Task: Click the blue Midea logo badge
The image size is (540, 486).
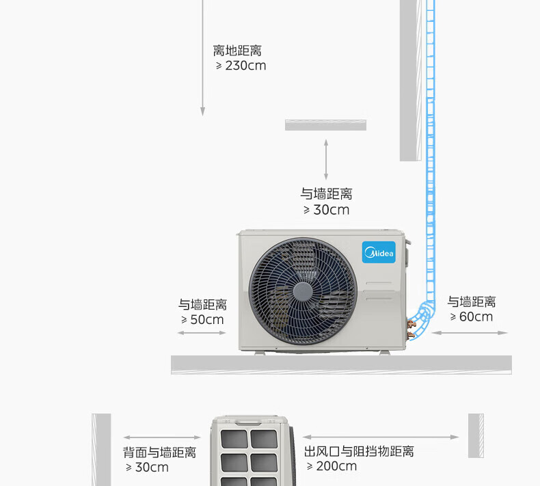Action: click(379, 252)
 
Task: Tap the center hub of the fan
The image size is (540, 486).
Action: click(303, 292)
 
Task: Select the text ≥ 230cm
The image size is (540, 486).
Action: click(241, 66)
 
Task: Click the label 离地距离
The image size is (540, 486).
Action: click(237, 51)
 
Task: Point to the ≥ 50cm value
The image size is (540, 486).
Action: click(202, 320)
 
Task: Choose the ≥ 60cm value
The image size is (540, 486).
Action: click(471, 316)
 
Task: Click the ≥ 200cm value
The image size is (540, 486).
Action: click(332, 466)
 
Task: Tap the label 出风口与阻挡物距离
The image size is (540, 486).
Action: click(359, 451)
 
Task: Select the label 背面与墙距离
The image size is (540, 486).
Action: click(160, 453)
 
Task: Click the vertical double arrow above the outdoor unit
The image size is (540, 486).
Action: click(326, 159)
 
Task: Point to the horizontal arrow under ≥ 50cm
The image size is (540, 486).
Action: click(202, 333)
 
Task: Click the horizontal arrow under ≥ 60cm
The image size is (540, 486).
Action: click(470, 333)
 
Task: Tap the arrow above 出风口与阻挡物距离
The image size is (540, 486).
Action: click(381, 437)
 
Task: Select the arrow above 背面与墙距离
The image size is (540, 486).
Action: click(162, 437)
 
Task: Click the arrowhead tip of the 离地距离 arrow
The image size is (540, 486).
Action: click(202, 116)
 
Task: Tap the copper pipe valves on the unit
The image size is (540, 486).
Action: click(411, 329)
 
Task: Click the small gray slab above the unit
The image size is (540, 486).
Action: click(325, 125)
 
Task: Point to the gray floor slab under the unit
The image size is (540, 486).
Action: click(341, 365)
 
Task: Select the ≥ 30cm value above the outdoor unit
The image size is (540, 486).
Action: click(327, 210)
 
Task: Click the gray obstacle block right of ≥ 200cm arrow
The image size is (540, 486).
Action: click(476, 435)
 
